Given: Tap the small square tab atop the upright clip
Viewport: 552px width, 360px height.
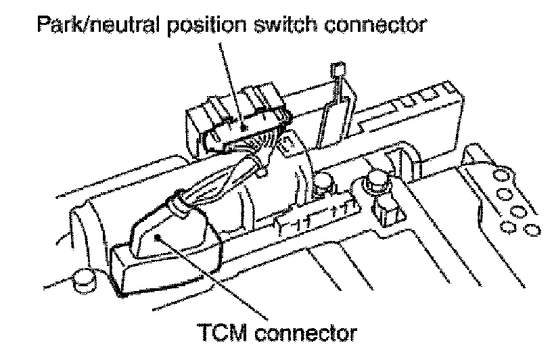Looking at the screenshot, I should click(338, 70).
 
